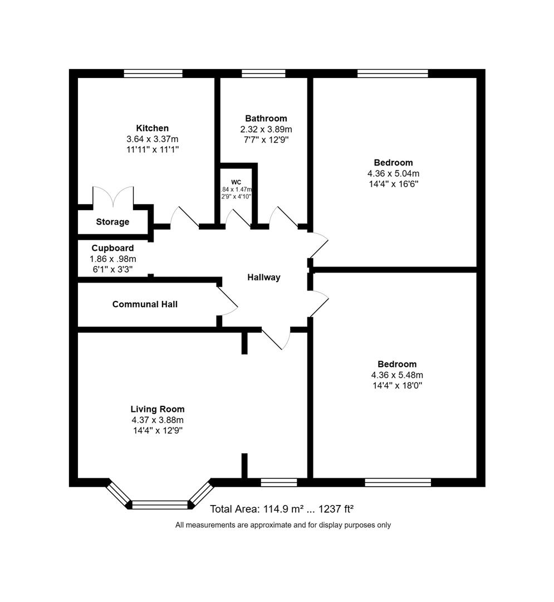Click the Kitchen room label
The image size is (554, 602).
tap(152, 128)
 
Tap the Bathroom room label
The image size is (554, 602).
tap(266, 118)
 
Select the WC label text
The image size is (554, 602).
tap(236, 182)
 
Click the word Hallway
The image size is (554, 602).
tap(264, 277)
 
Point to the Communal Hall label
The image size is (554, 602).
tap(145, 304)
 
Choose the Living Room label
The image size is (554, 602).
tap(158, 409)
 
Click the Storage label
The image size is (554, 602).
tap(112, 222)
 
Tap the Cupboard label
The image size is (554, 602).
tap(112, 248)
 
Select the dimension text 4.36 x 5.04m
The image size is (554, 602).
tap(393, 173)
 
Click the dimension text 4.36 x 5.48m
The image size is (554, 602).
tap(396, 375)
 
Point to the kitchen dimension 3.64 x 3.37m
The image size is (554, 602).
tap(152, 139)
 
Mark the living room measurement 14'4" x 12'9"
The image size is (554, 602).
tap(158, 430)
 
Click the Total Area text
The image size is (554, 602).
tap(282, 508)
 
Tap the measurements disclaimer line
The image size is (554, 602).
tap(283, 525)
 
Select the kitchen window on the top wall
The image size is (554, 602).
tap(153, 73)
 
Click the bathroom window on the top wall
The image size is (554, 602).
tap(263, 73)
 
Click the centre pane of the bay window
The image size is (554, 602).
tap(160, 504)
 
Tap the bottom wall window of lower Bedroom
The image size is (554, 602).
tap(398, 482)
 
